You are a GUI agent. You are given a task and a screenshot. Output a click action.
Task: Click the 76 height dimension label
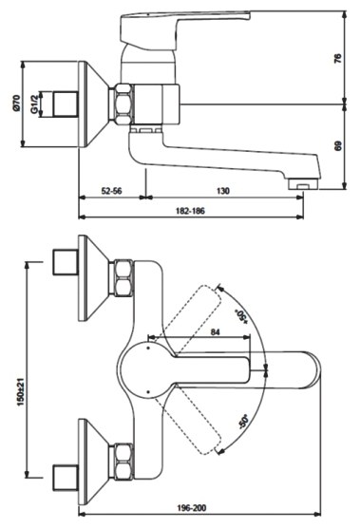[338, 58]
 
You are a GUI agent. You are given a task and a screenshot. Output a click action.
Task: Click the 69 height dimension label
[338, 146]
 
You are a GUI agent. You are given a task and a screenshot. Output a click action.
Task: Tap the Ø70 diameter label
[16, 104]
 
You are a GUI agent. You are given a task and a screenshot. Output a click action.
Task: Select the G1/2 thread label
[34, 104]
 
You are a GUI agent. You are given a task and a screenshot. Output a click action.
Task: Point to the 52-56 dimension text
[112, 191]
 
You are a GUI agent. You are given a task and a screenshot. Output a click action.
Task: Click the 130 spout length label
[223, 191]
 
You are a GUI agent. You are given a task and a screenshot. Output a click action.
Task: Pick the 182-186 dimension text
[190, 211]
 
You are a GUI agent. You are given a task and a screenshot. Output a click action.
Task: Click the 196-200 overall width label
[192, 508]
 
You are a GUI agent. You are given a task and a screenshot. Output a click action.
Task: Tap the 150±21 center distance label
[21, 391]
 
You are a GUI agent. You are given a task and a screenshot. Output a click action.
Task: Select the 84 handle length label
[216, 332]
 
